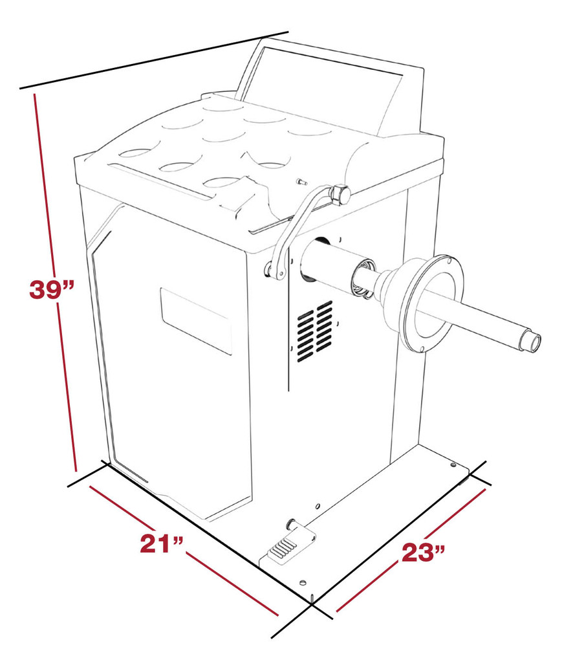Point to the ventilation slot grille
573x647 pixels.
[315, 331]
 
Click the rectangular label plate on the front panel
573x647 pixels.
[196, 320]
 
